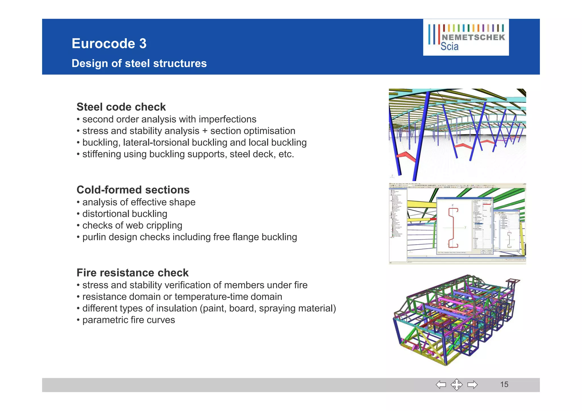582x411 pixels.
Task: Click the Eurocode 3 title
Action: click(x=109, y=44)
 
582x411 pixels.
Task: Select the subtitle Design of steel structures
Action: click(x=139, y=63)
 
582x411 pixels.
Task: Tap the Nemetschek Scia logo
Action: click(x=466, y=37)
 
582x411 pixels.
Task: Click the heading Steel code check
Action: click(x=121, y=107)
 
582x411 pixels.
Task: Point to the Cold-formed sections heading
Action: click(x=133, y=190)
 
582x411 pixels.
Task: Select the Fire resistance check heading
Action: click(x=132, y=273)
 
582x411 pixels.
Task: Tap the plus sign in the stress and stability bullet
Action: click(x=205, y=131)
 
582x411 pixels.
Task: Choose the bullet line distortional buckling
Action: click(x=124, y=214)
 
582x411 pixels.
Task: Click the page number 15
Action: click(x=504, y=385)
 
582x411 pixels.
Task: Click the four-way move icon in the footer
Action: click(x=457, y=385)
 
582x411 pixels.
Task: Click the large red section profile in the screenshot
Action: click(x=453, y=227)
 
